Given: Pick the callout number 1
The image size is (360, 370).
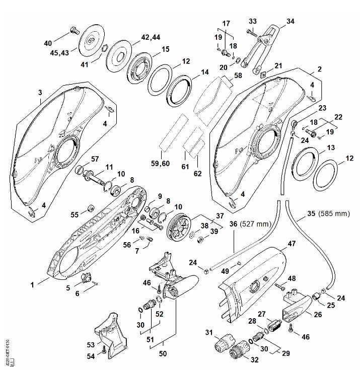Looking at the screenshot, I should [x=32, y=284].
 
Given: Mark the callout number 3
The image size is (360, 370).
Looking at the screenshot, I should [x=40, y=92].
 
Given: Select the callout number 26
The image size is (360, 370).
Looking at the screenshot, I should [x=318, y=315].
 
